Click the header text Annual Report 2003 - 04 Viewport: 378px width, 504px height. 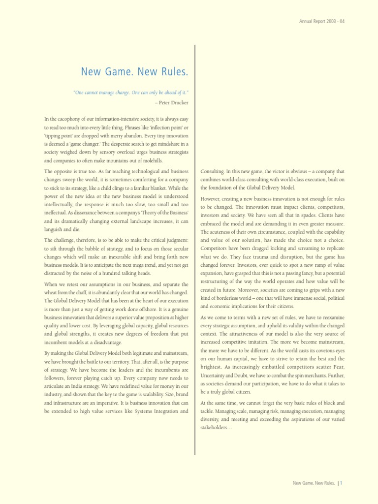322,20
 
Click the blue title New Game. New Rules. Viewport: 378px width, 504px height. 134,73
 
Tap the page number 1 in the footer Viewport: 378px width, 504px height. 341,483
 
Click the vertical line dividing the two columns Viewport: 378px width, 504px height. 195,246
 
